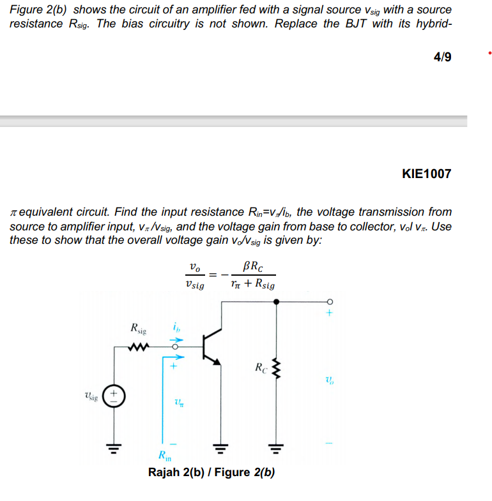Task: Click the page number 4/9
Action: tap(442, 57)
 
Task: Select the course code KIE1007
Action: tap(426, 174)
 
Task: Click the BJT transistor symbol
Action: tap(211, 348)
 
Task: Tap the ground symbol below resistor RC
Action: tap(276, 446)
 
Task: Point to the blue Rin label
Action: tap(165, 456)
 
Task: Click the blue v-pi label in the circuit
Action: tap(178, 402)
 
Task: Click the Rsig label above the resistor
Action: tap(137, 329)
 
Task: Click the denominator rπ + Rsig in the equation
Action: tap(253, 284)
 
